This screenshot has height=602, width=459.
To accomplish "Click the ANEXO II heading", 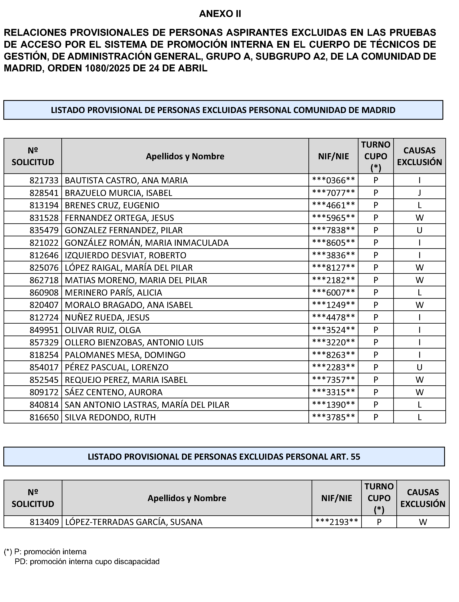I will pos(220,14).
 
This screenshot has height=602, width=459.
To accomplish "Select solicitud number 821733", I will pos(44,180).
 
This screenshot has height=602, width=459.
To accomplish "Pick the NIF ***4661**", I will pos(333,205).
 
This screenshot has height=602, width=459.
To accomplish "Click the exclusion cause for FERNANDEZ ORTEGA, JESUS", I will pos(419,218).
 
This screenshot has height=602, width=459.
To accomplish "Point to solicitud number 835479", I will pos(44,230).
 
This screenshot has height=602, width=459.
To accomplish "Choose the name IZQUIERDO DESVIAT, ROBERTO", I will pos(125,255).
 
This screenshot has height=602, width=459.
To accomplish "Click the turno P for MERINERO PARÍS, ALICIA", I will pos(376,293).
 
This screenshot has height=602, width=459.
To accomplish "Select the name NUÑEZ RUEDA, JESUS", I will pos(107,317).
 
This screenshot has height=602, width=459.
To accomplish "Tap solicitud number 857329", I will pos(44,342).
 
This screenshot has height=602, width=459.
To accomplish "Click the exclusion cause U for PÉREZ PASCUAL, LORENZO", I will pos(419,367).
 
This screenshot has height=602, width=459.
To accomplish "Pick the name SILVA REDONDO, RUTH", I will pos(110,417).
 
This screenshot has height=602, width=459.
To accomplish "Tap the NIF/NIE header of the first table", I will pos(333,156).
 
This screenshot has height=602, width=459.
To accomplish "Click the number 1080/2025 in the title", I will pos(107,68).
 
